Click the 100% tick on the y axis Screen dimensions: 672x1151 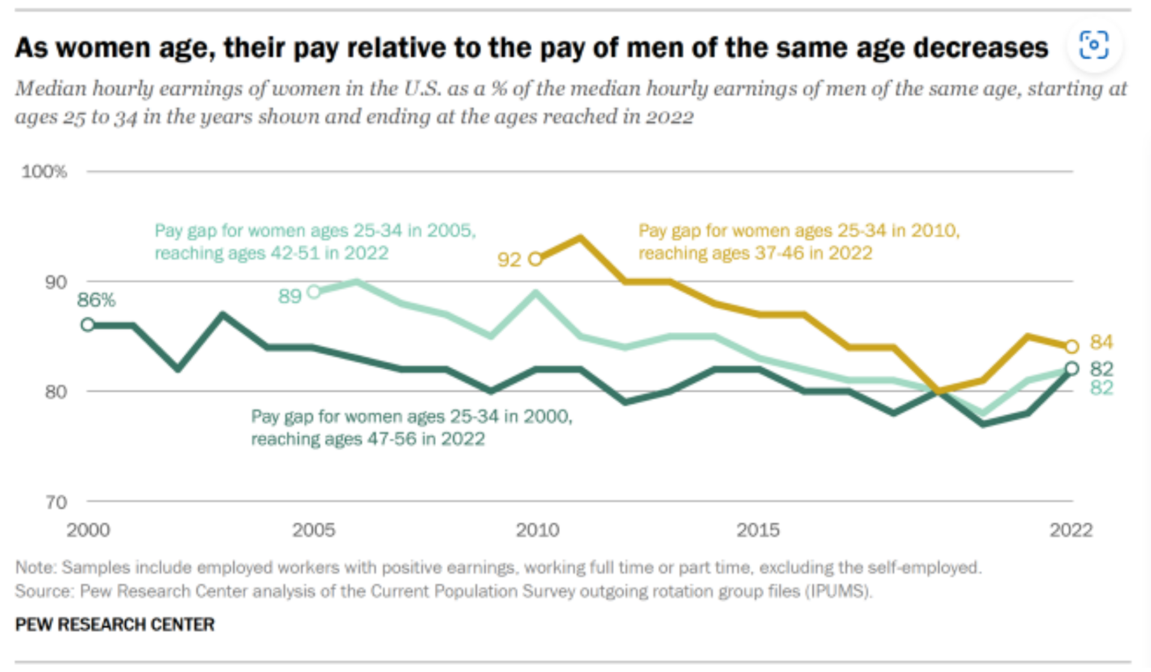44,172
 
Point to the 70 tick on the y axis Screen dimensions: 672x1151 56,502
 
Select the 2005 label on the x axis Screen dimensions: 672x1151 314,530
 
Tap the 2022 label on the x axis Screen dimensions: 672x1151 1071,530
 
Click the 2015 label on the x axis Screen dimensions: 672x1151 758,530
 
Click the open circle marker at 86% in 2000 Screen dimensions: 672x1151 88,325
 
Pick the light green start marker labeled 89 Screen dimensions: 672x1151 314,292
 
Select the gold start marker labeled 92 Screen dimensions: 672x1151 535,259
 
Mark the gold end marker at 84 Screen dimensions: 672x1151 1072,346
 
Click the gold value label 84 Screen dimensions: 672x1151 1101,342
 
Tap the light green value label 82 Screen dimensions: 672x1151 1101,388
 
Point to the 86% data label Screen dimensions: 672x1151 96,300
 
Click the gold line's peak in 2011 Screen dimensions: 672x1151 580,238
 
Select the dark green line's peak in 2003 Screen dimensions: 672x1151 222,314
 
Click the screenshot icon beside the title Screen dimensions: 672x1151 1094,46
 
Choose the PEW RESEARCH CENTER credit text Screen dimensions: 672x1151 115,625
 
